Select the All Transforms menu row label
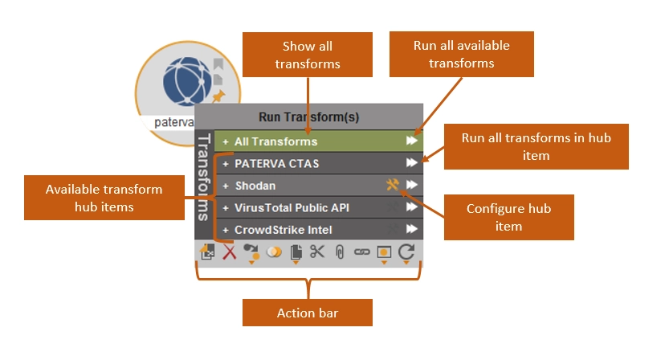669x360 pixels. tap(275, 141)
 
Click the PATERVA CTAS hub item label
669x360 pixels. tap(276, 164)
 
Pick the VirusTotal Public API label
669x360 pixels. tap(292, 207)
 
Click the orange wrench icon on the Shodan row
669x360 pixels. tap(392, 186)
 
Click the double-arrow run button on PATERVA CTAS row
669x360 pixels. tap(412, 164)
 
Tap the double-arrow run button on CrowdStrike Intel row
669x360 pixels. tap(412, 230)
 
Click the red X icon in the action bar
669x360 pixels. tap(230, 252)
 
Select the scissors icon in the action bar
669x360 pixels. tap(317, 252)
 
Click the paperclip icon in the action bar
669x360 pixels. tap(340, 252)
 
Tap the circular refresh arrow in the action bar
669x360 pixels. tap(406, 251)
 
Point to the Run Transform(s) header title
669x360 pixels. tap(308, 117)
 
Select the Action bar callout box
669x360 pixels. tap(308, 313)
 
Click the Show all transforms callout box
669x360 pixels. tap(307, 55)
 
